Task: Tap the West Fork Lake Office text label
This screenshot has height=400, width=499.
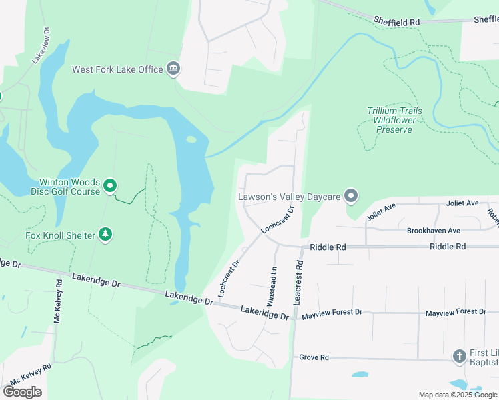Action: click(x=118, y=69)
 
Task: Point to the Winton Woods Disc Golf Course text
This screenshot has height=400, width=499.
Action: click(x=69, y=187)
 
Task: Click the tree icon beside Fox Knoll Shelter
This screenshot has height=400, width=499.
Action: click(x=105, y=234)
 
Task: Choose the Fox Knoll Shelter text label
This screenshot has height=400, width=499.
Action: click(x=59, y=235)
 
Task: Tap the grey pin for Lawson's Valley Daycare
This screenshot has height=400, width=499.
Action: click(x=351, y=196)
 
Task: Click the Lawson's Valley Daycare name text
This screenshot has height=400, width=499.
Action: click(x=289, y=197)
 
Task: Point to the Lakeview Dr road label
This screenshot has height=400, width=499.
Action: click(x=41, y=45)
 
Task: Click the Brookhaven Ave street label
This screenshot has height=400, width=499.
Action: click(x=434, y=231)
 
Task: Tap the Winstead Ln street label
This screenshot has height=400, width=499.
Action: click(x=272, y=286)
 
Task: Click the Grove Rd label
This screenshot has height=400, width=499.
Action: click(x=314, y=357)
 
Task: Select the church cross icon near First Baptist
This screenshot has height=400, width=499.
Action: click(x=459, y=356)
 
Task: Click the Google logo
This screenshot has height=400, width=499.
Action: click(x=22, y=392)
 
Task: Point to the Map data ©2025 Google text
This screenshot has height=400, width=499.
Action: click(x=457, y=395)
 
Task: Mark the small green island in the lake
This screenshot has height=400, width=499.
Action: click(x=191, y=139)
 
